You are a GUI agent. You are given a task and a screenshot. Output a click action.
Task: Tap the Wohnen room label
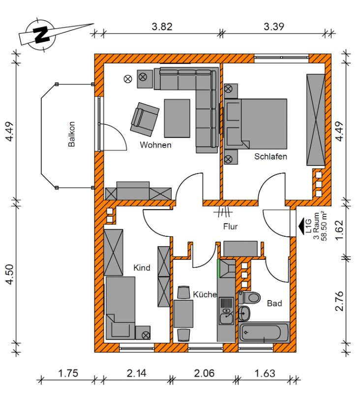[x=155, y=145]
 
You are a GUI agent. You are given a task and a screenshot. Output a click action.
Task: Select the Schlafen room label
[x=270, y=156]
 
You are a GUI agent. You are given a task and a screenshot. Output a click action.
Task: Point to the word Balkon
[x=72, y=134]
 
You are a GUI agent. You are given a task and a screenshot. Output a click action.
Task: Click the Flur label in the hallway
[x=230, y=226]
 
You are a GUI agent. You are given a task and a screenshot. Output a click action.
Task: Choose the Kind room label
[x=142, y=268]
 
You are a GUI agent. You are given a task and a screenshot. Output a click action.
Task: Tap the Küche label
[x=205, y=294]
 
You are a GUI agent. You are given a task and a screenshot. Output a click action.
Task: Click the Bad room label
[x=274, y=303]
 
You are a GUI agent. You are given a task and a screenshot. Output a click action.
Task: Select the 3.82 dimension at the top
[x=162, y=27]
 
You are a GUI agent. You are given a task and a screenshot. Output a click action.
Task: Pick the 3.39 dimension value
[x=274, y=27]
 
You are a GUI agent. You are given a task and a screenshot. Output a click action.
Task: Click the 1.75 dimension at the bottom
[x=68, y=373]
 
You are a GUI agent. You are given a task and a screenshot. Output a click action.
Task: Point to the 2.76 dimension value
[x=339, y=301]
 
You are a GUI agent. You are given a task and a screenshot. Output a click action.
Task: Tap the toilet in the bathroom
[x=249, y=298]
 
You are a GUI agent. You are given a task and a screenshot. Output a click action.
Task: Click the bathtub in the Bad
[x=264, y=333]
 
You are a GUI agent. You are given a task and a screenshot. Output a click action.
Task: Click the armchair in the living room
[x=145, y=119]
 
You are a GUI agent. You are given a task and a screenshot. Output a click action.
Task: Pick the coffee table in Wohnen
[x=177, y=118]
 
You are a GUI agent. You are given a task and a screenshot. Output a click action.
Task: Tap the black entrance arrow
[x=301, y=224]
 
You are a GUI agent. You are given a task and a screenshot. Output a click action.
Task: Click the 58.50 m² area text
[x=324, y=225]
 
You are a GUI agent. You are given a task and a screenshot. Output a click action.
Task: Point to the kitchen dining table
[x=183, y=314]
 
